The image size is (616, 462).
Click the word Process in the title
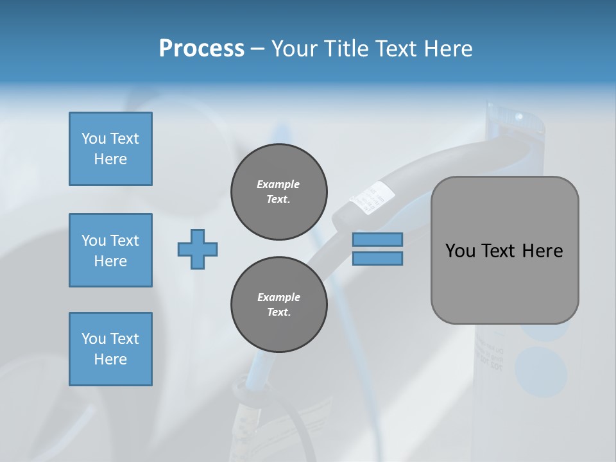(201, 49)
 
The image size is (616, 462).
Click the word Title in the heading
(345, 49)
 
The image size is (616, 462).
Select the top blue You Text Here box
(110, 149)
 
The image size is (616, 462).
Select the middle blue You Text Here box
(110, 250)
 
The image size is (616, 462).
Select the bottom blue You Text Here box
(110, 349)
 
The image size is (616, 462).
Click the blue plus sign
(198, 250)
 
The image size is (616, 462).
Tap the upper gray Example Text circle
(278, 192)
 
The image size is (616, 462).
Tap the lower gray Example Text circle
(278, 305)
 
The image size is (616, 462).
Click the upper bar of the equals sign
(377, 239)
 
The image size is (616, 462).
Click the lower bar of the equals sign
(377, 259)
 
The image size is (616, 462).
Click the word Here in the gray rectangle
(543, 251)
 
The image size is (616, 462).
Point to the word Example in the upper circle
(278, 184)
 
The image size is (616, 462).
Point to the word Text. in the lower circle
(278, 312)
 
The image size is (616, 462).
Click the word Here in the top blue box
(110, 159)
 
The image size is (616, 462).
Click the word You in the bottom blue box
(94, 339)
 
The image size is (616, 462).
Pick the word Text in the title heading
(398, 49)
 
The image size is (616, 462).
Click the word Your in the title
(293, 49)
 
